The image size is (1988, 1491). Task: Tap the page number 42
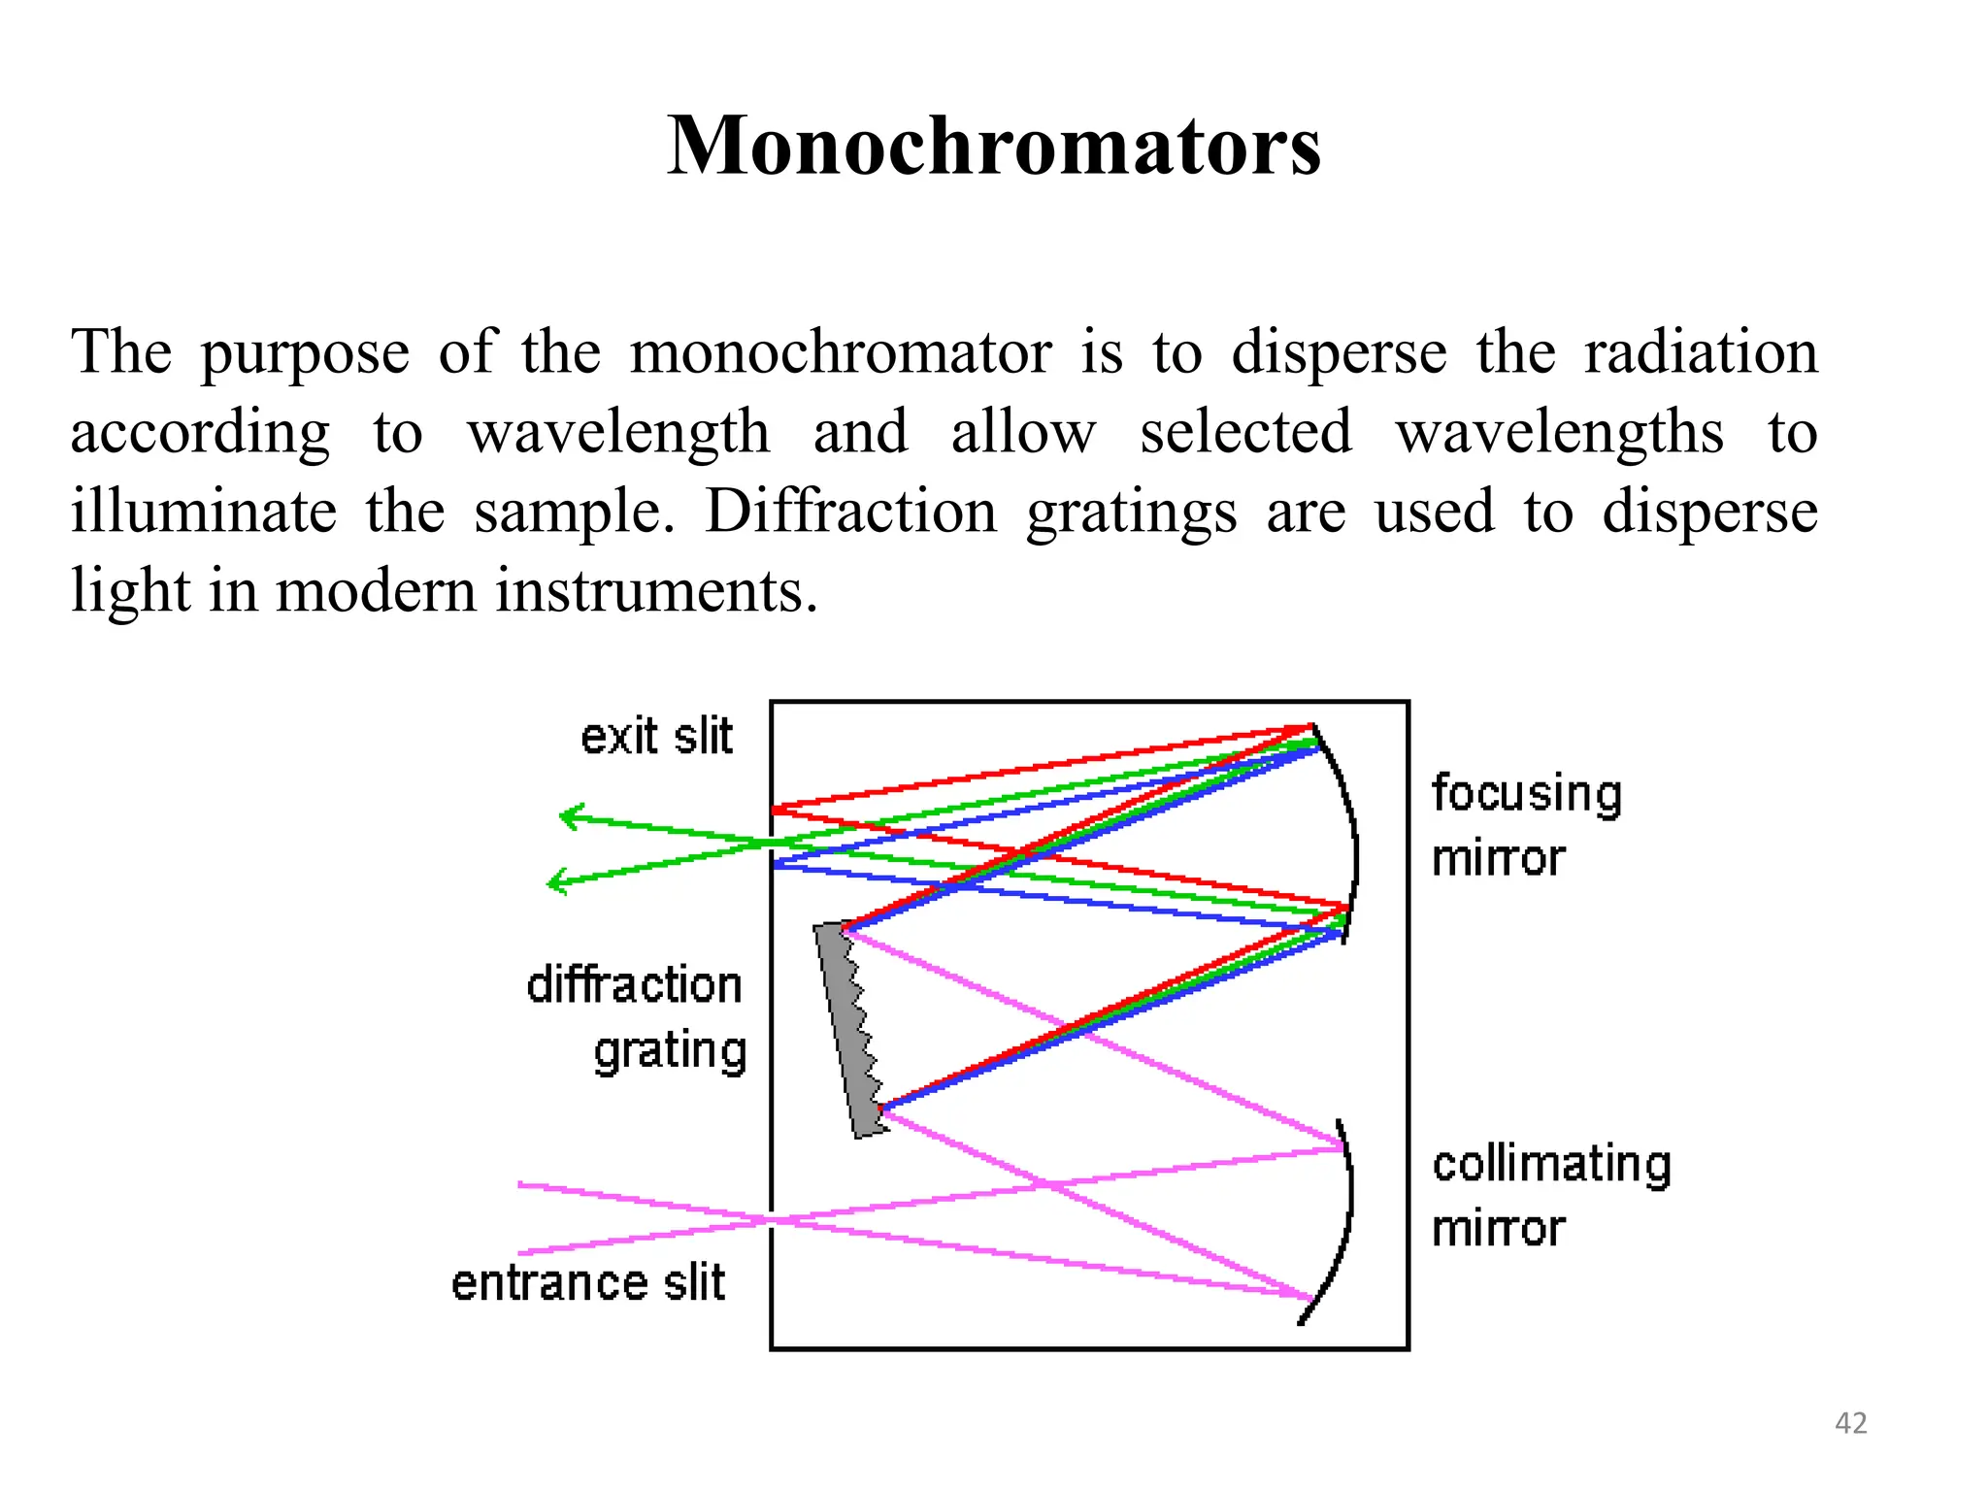point(1851,1423)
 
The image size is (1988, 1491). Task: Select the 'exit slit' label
point(656,737)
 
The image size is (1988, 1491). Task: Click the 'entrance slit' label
point(588,1282)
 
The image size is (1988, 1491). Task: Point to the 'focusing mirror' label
point(1526,825)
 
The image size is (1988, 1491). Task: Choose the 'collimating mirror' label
point(1551,1196)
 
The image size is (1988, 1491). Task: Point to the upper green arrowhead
point(568,817)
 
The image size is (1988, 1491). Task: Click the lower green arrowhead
point(555,881)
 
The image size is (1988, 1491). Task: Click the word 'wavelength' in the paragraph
point(618,432)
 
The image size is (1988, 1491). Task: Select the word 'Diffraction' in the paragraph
point(850,512)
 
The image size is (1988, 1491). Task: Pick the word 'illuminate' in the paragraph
point(204,512)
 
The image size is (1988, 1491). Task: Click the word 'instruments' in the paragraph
point(656,591)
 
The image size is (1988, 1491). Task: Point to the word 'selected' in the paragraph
point(1245,432)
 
